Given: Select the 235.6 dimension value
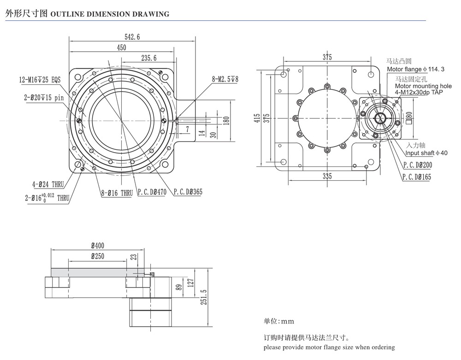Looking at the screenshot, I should (x=148, y=58).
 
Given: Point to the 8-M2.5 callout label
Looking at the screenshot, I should (x=225, y=79).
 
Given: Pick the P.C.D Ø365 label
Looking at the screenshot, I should (x=188, y=193).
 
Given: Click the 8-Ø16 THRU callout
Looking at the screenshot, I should (x=117, y=193).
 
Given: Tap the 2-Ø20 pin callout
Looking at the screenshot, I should (x=44, y=97).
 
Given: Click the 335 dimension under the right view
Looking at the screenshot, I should (x=327, y=176).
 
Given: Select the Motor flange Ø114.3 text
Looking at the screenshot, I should (x=415, y=69).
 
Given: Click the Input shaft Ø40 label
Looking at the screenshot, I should (x=426, y=153).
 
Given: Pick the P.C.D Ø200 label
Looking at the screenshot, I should (x=417, y=165).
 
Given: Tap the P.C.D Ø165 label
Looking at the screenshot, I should (x=416, y=177).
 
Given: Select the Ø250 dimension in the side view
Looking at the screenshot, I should (x=98, y=256).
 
